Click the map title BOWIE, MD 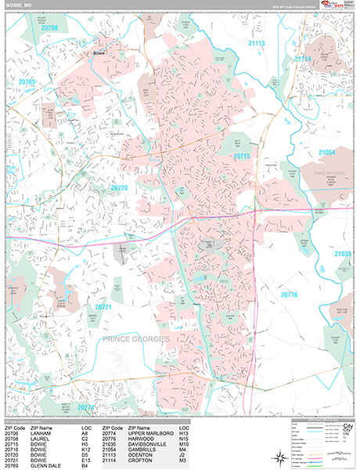(22, 5)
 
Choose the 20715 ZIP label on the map (243, 157)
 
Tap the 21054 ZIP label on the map (327, 152)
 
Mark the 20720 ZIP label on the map (119, 188)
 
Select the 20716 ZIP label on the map (289, 295)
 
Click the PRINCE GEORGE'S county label (135, 338)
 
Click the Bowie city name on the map (99, 52)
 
